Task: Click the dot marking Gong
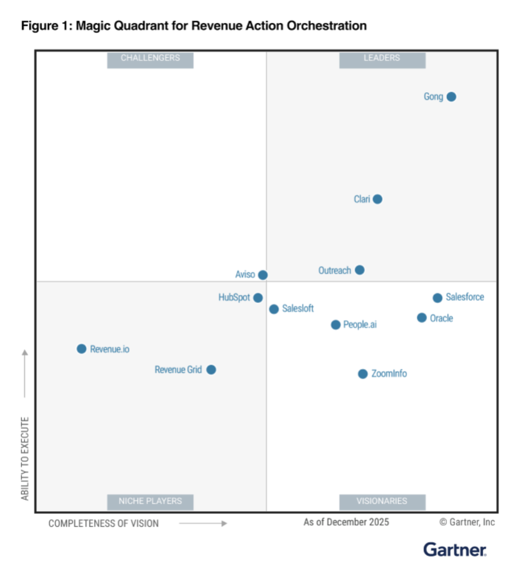click(451, 97)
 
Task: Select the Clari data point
click(377, 199)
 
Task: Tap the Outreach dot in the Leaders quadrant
click(359, 270)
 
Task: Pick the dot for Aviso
click(262, 275)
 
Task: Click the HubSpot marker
click(258, 298)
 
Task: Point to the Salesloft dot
click(274, 309)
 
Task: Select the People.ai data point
click(336, 325)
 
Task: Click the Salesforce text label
click(465, 297)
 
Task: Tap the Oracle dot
click(421, 318)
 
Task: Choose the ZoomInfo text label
click(389, 374)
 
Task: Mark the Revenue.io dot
click(81, 349)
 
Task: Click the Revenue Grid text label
click(178, 370)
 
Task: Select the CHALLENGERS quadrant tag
click(150, 58)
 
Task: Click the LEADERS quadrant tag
click(382, 58)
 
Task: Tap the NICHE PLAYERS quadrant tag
click(150, 500)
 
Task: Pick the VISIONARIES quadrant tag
click(382, 500)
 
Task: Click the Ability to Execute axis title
click(25, 458)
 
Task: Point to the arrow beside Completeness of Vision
click(203, 524)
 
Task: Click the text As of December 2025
click(346, 522)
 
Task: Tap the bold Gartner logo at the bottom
click(455, 550)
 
